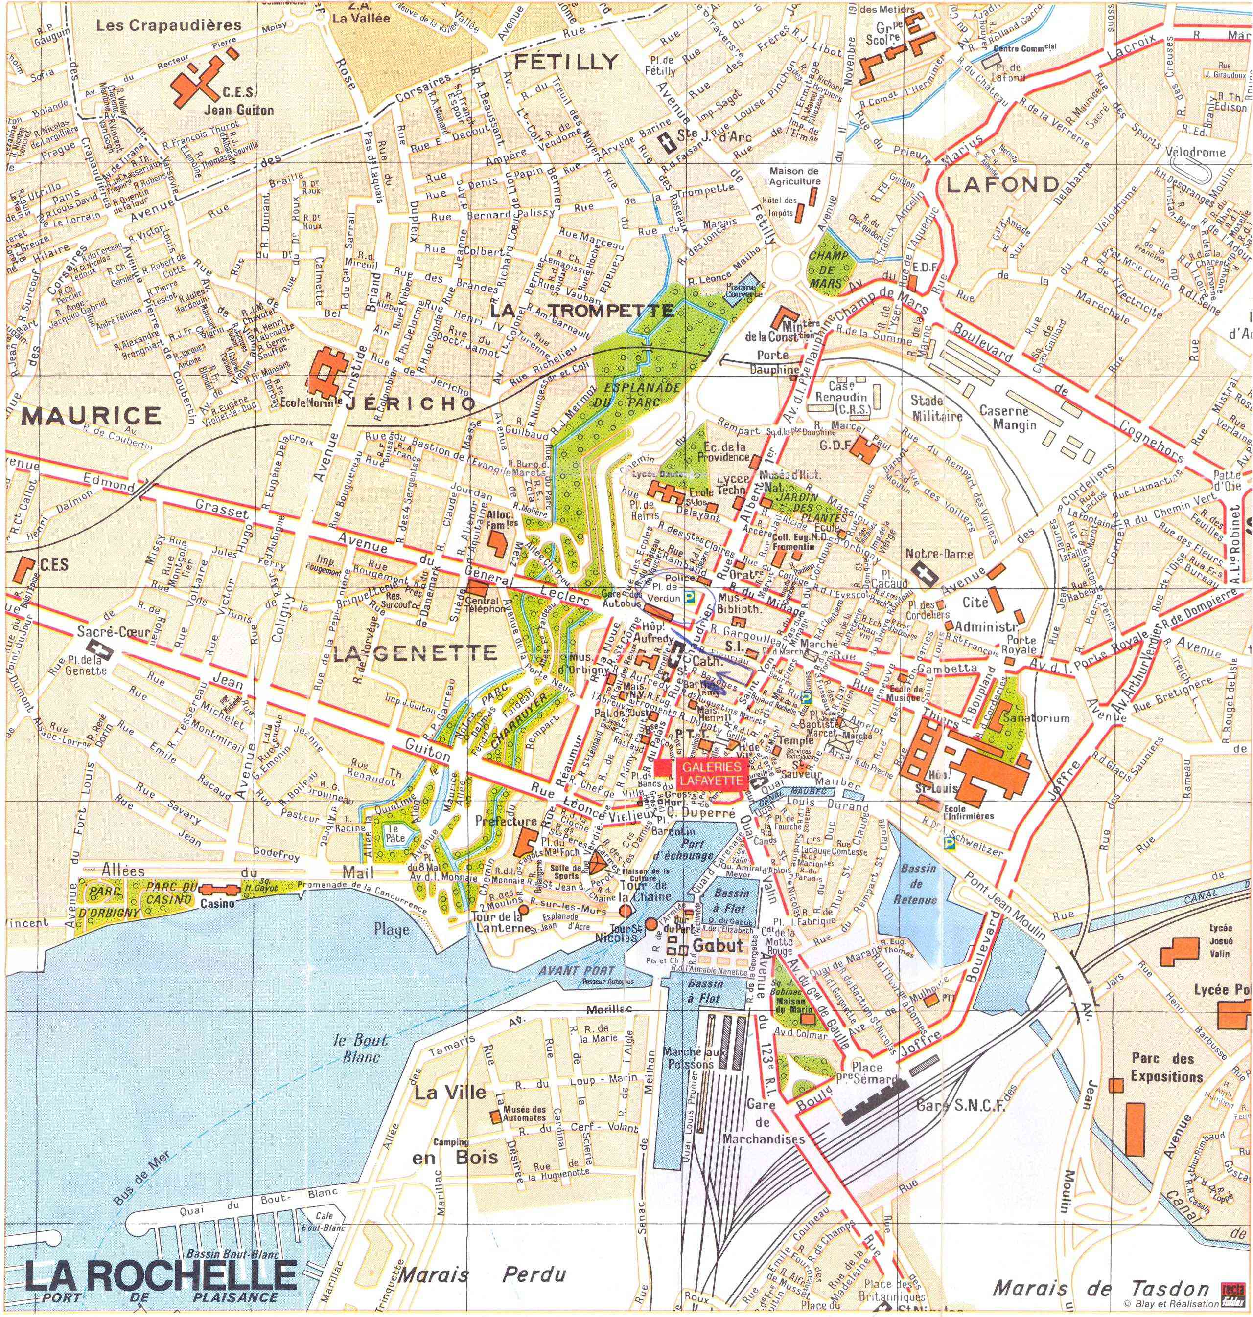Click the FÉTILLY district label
point(566,62)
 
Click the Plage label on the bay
point(392,929)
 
